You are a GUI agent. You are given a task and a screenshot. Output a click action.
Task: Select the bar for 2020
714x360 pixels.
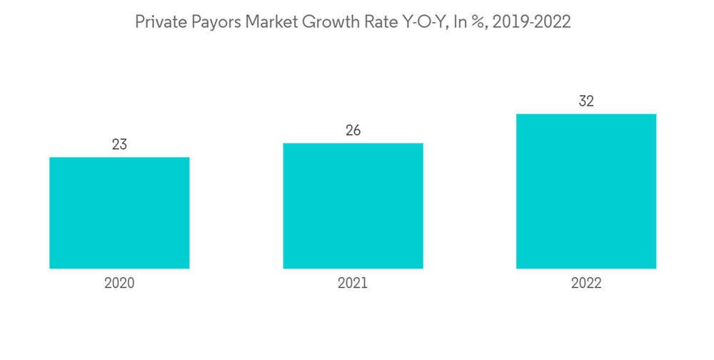tap(119, 213)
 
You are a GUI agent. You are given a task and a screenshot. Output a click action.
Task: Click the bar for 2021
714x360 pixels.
tap(353, 206)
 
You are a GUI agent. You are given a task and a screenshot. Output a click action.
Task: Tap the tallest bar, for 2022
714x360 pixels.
tap(586, 191)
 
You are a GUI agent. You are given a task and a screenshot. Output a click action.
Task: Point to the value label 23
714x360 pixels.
tap(119, 145)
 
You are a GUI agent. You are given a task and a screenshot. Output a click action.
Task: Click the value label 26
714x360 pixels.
tap(353, 131)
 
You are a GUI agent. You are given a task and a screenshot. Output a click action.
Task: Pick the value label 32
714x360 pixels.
tap(586, 101)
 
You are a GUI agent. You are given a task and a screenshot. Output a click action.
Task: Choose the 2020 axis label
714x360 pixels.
tap(119, 284)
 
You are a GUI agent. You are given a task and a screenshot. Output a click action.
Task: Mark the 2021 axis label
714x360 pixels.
tap(353, 284)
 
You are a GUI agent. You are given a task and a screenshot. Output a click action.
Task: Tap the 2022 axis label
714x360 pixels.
tap(586, 284)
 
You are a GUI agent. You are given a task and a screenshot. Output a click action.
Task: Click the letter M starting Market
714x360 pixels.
tap(251, 22)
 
